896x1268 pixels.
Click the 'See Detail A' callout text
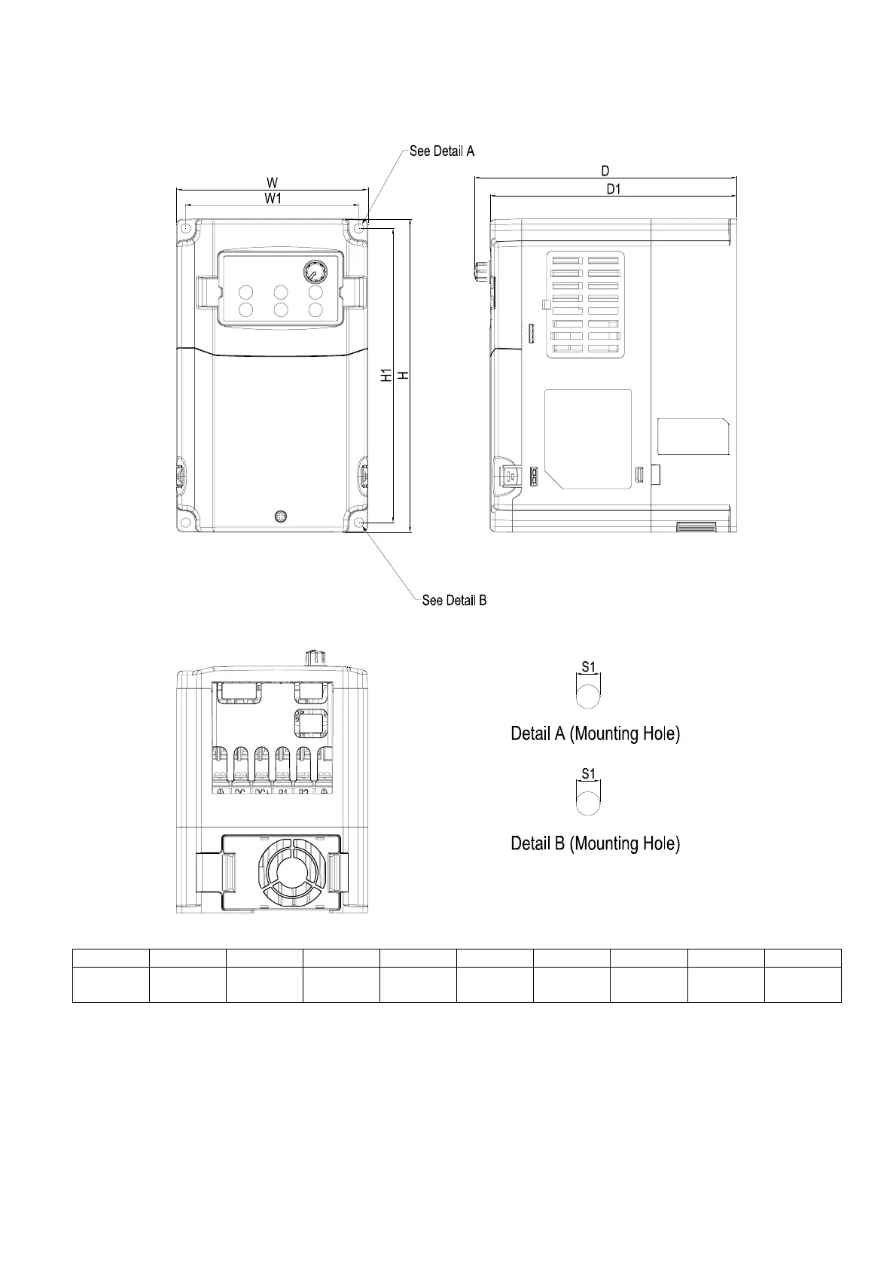[441, 151]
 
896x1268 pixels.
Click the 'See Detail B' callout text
[454, 600]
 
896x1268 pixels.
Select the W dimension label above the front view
[272, 182]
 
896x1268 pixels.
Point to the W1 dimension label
[272, 198]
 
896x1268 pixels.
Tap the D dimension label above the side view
[605, 172]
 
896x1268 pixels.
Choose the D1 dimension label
[614, 189]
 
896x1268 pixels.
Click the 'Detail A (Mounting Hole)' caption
[595, 733]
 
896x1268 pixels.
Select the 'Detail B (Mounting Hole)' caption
[595, 843]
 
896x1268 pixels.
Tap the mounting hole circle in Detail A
[589, 693]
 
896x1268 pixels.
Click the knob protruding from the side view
[480, 272]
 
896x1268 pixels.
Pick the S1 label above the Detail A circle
[589, 666]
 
